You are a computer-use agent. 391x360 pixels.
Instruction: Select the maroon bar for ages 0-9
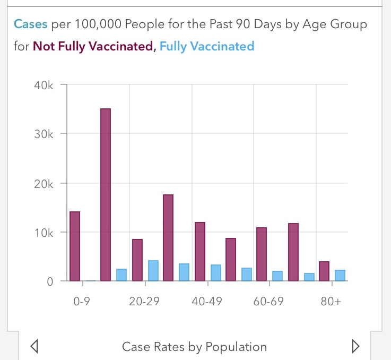pyautogui.click(x=75, y=246)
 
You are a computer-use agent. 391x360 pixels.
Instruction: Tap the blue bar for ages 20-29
pyautogui.click(x=153, y=271)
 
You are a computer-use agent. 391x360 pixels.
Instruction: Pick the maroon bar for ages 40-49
pyautogui.click(x=199, y=252)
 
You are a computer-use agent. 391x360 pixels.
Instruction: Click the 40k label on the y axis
pyautogui.click(x=44, y=84)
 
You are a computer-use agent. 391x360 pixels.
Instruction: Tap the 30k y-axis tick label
pyautogui.click(x=44, y=134)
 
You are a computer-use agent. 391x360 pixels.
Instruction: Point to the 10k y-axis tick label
pyautogui.click(x=44, y=233)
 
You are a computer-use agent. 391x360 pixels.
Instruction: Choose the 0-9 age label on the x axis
pyautogui.click(x=82, y=301)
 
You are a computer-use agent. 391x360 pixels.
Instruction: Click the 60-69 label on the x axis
pyautogui.click(x=268, y=301)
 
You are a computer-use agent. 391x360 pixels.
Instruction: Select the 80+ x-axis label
pyautogui.click(x=331, y=301)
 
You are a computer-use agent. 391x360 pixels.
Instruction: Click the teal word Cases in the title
pyautogui.click(x=30, y=24)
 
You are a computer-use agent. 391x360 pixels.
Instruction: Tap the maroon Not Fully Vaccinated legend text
pyautogui.click(x=93, y=46)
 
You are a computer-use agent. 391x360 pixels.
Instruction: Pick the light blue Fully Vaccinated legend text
pyautogui.click(x=207, y=46)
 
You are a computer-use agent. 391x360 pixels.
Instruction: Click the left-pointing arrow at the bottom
pyautogui.click(x=34, y=347)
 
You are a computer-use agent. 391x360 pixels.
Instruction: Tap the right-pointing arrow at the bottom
pyautogui.click(x=355, y=347)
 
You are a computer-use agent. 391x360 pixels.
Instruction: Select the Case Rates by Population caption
pyautogui.click(x=194, y=347)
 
